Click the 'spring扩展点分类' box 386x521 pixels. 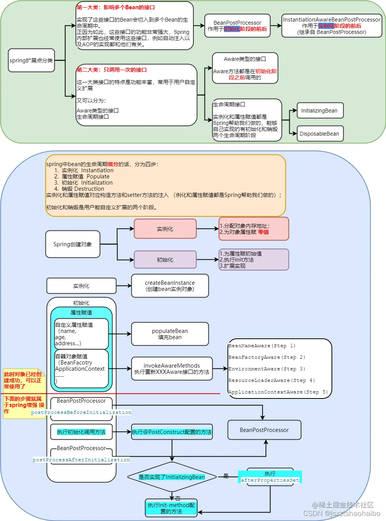31,61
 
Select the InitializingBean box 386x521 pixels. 320,111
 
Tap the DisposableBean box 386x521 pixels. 320,134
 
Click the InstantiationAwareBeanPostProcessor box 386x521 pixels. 331,26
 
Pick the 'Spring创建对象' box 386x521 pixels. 73,244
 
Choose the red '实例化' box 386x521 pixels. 165,229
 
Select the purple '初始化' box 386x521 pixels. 165,260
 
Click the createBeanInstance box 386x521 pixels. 170,286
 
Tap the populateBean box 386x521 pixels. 170,334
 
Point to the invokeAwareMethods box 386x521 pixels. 172,369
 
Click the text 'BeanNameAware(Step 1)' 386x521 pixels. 262,346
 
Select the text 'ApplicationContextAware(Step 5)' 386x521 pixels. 278,392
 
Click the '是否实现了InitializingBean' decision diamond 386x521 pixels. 172,477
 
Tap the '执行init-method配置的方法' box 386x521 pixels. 171,508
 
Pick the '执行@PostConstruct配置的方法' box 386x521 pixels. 172,432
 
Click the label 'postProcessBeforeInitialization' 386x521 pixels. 81,412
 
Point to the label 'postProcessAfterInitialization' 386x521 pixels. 81,460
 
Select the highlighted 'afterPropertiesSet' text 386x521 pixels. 270,480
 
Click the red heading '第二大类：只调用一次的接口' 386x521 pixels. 112,70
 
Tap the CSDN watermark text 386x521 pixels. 342,513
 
